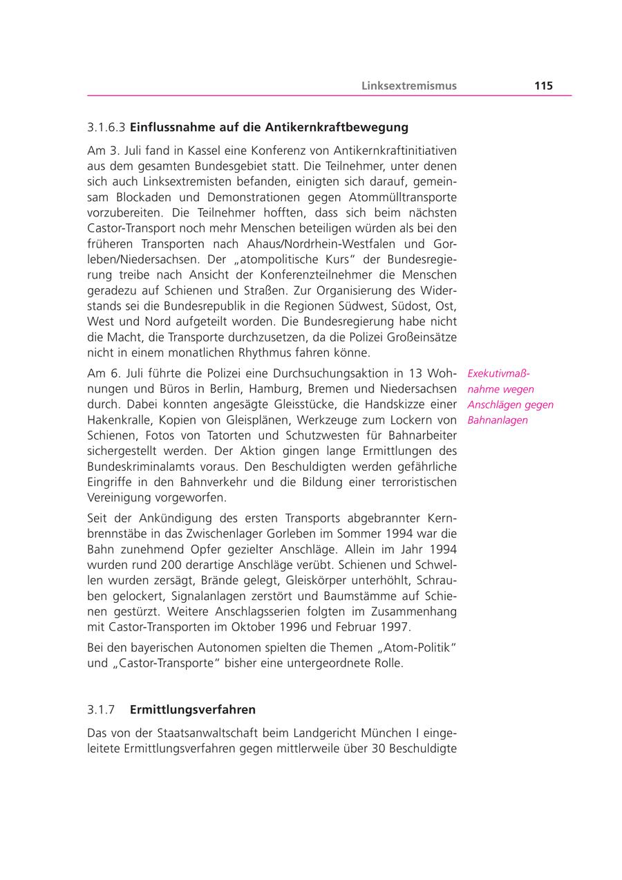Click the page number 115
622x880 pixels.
click(543, 86)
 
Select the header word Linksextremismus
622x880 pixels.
click(409, 86)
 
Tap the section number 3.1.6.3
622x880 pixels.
click(106, 127)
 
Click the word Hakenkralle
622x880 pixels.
click(117, 420)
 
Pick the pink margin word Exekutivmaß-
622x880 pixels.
click(498, 373)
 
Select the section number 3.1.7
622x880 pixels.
click(101, 709)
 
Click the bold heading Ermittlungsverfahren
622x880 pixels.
click(193, 709)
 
